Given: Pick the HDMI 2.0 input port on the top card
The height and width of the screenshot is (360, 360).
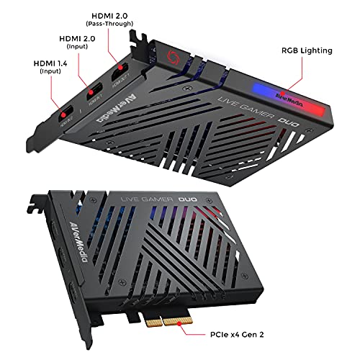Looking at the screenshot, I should (x=93, y=93).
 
